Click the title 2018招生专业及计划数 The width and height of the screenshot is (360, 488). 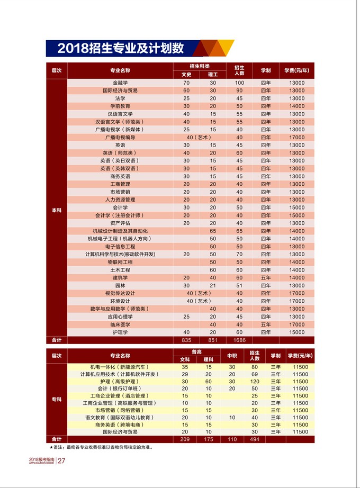(121, 48)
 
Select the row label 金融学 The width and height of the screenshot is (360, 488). (120, 83)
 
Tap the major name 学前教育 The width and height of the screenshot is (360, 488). (120, 106)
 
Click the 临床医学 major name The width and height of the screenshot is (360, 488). (120, 324)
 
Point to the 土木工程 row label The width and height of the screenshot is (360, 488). (120, 270)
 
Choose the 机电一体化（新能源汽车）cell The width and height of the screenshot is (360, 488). (120, 367)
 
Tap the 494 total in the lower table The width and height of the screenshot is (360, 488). (255, 439)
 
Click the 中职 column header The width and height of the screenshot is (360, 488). (232, 356)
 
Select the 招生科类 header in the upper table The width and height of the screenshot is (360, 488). (200, 66)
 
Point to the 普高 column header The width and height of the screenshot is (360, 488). (199, 352)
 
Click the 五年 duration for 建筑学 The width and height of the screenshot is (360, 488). (266, 277)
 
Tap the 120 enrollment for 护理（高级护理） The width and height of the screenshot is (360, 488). (255, 382)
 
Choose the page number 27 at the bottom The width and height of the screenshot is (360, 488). (61, 460)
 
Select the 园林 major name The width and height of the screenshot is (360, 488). (120, 285)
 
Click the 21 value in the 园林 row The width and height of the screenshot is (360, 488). (213, 285)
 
